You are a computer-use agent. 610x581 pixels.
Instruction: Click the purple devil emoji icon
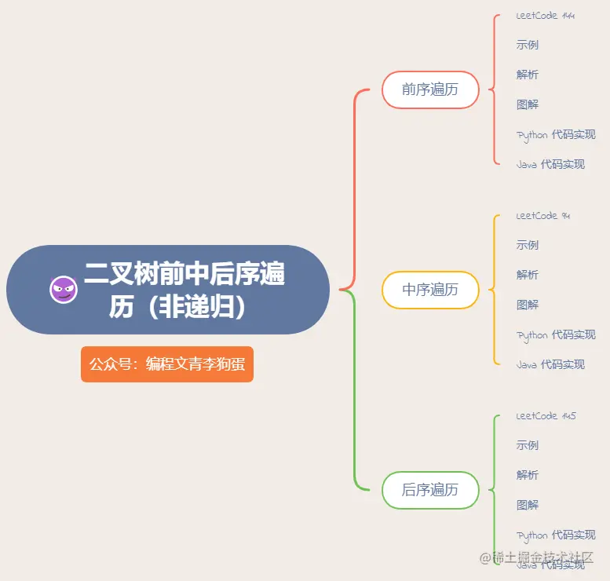(x=64, y=290)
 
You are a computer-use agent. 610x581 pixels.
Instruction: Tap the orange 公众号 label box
(x=167, y=364)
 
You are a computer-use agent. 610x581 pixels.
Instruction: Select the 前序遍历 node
(x=430, y=90)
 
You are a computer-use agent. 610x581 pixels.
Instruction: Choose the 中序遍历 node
(x=430, y=290)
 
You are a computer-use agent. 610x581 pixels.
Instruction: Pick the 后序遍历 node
(x=430, y=490)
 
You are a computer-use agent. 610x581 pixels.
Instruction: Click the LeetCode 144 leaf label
(x=545, y=16)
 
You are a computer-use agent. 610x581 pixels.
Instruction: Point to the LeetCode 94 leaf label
(x=542, y=216)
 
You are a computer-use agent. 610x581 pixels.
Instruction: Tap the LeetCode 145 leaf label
(x=546, y=416)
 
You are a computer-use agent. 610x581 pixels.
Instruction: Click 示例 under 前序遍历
(x=528, y=45)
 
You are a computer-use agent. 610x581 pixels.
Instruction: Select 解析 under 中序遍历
(x=528, y=275)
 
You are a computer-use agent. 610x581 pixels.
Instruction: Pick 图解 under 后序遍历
(x=528, y=505)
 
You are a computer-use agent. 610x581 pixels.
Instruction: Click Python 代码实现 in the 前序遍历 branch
(x=556, y=135)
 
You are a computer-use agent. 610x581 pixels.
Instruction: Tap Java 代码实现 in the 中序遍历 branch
(x=550, y=364)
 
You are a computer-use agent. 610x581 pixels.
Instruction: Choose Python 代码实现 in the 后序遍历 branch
(x=556, y=535)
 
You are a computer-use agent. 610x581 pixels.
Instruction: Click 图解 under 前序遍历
(x=528, y=104)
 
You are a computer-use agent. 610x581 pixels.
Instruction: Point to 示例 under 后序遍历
(x=528, y=445)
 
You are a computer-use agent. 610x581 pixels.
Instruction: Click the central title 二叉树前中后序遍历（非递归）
(x=184, y=290)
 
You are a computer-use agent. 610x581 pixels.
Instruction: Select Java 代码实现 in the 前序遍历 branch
(x=550, y=164)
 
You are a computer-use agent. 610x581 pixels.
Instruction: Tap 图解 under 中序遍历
(x=528, y=305)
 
